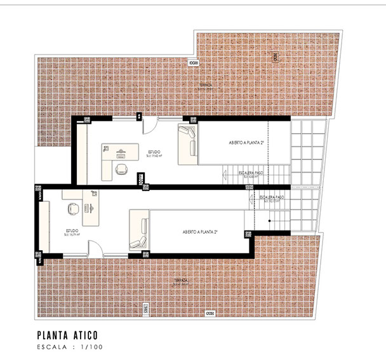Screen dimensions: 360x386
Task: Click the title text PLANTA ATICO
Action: [x=67, y=334]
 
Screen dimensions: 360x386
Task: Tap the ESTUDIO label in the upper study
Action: [x=154, y=152]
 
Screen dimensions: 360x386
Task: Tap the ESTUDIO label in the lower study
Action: [x=72, y=231]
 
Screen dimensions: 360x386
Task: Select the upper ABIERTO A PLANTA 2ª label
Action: [x=246, y=143]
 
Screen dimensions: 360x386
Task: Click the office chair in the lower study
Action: [x=72, y=207]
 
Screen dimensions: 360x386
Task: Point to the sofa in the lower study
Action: [x=139, y=232]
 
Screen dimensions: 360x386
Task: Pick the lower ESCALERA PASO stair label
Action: [x=272, y=198]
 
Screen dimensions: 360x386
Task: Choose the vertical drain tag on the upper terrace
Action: [x=275, y=57]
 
